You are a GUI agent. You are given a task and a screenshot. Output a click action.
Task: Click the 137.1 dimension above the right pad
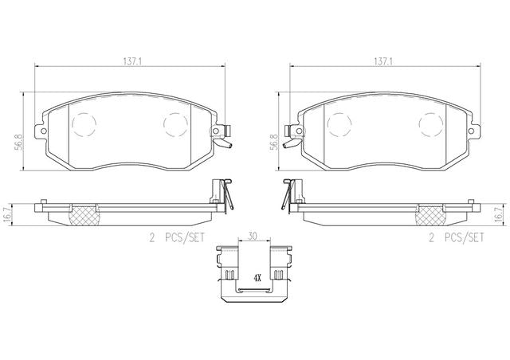point(383,61)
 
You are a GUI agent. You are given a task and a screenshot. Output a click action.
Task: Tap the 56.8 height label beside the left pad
point(19,142)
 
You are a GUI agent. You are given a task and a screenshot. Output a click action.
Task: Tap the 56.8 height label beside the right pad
point(274,142)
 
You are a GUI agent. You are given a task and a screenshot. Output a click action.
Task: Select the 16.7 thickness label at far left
point(6,214)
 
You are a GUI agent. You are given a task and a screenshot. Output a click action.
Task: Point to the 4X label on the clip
point(257,278)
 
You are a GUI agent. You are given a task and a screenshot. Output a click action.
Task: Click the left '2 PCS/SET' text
point(177,237)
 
